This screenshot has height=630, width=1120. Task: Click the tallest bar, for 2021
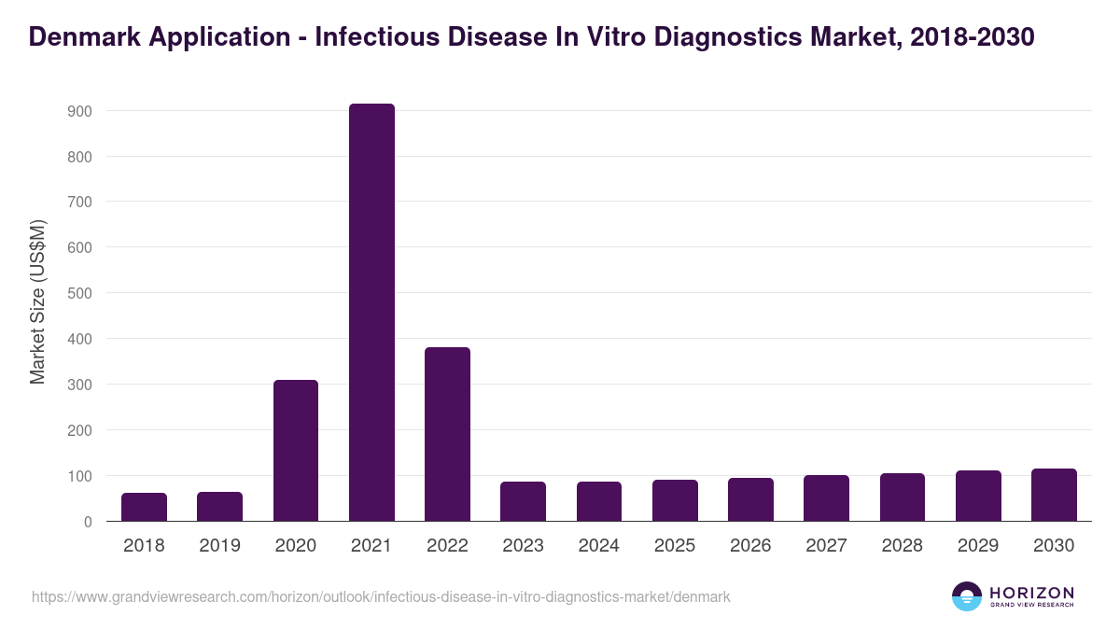[371, 313]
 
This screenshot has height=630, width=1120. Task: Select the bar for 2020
[296, 451]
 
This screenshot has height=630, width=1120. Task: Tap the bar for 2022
[447, 434]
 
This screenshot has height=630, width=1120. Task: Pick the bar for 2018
[144, 507]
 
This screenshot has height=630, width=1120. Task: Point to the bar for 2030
[1054, 495]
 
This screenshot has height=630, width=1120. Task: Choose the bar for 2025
[675, 500]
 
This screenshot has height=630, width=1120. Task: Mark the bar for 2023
[523, 501]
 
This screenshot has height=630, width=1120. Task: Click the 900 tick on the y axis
[79, 111]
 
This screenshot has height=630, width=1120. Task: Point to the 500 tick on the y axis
[79, 293]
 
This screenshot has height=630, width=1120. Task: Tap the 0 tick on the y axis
[88, 522]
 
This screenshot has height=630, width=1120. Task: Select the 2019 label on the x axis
[219, 546]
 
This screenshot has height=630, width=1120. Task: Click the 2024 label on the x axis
[598, 546]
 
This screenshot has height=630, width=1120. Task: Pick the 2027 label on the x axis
[826, 546]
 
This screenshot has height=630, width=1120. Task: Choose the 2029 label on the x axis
[978, 546]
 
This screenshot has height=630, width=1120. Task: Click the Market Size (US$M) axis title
[37, 301]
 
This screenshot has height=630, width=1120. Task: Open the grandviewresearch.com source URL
[381, 596]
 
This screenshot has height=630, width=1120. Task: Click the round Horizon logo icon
[967, 596]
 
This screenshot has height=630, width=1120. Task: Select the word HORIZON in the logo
[1031, 592]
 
